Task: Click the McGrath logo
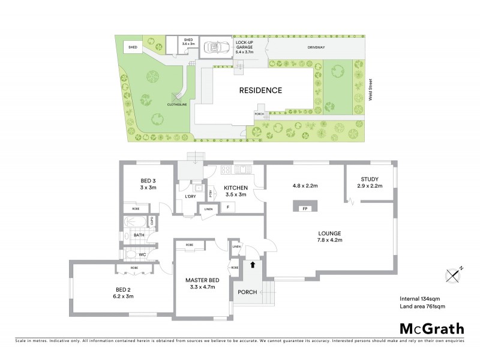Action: [x=431, y=328]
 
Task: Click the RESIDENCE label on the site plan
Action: [x=260, y=91]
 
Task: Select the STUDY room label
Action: [x=369, y=179]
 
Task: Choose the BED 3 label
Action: [x=148, y=184]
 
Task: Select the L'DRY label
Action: [x=190, y=197]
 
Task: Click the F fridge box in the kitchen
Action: [x=227, y=208]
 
